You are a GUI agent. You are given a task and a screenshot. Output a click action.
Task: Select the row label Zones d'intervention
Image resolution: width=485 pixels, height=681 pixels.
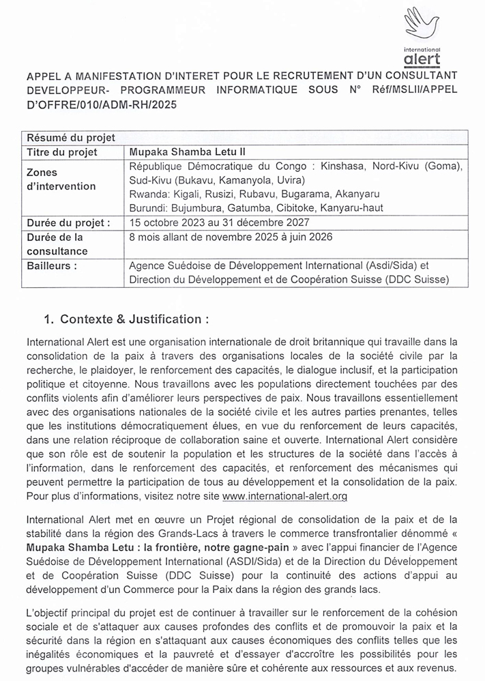(x=61, y=179)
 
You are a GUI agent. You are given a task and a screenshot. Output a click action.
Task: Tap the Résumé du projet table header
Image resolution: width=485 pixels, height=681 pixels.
(x=70, y=139)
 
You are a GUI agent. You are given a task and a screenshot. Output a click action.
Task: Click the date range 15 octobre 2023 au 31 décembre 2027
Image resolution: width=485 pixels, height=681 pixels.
(x=219, y=222)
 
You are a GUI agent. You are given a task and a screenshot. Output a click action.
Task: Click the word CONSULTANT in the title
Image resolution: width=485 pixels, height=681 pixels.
(x=429, y=75)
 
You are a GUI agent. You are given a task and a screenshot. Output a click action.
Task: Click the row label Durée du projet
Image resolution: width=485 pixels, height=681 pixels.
(x=68, y=222)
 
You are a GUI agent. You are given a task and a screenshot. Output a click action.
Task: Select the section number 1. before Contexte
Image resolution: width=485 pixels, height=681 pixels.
(x=48, y=319)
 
